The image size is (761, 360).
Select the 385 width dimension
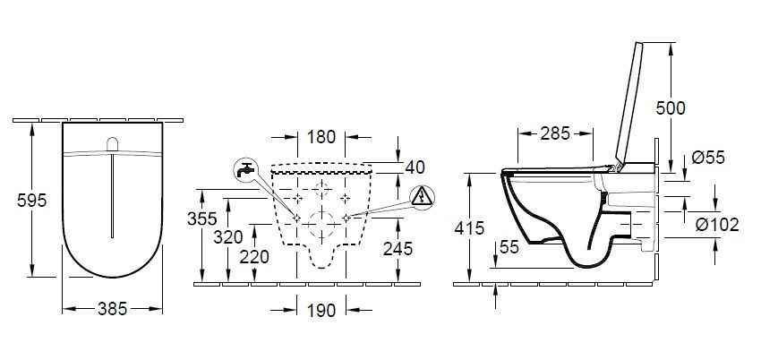(x=112, y=309)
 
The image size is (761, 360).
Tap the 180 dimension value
(x=321, y=137)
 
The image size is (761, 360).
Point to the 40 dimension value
(x=415, y=167)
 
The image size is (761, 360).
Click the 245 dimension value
(x=397, y=248)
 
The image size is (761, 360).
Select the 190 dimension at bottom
(x=321, y=311)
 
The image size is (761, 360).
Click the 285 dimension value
(x=555, y=134)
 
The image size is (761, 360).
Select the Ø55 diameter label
(x=708, y=158)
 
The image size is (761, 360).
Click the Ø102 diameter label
(x=716, y=224)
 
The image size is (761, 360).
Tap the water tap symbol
(x=244, y=168)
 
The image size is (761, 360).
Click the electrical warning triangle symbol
(x=421, y=195)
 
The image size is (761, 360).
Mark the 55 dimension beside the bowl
(x=509, y=248)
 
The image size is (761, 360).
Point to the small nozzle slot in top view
(x=112, y=144)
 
